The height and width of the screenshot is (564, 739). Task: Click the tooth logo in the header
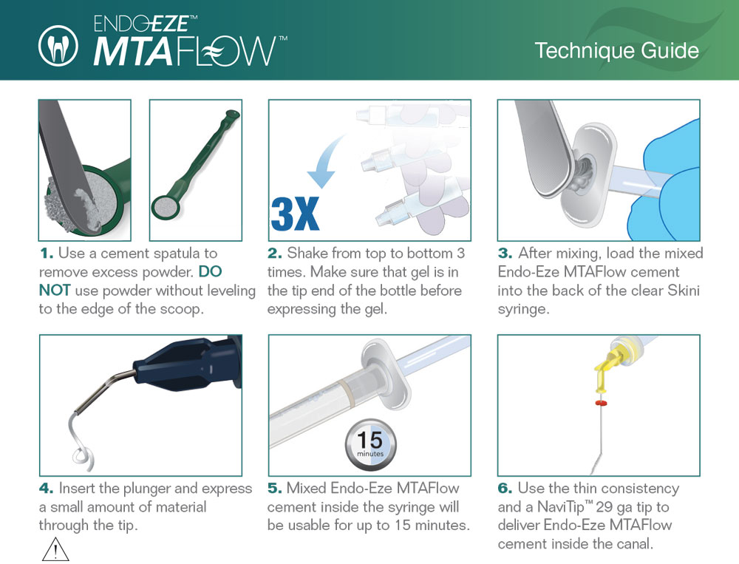coord(58,46)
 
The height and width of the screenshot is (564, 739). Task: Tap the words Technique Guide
coord(616,51)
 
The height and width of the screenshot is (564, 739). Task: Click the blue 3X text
coord(295,214)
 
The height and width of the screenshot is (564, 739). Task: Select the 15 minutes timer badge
coord(370,445)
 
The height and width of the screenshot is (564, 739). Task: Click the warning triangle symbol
coord(55,549)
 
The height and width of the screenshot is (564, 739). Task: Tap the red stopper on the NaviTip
coord(600,403)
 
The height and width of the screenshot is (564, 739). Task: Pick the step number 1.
coord(47,254)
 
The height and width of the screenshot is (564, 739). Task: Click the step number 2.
coord(275,254)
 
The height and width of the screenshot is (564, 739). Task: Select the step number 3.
coord(505,254)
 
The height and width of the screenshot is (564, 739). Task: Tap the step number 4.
coord(46,489)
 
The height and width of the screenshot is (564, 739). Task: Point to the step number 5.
coord(275,489)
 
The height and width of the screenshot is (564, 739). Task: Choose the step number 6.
coord(505,489)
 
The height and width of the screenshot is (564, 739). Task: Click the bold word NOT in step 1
coord(55,291)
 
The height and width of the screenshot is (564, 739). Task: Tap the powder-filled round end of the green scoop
coord(166,207)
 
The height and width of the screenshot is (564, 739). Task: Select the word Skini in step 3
coord(684,291)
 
